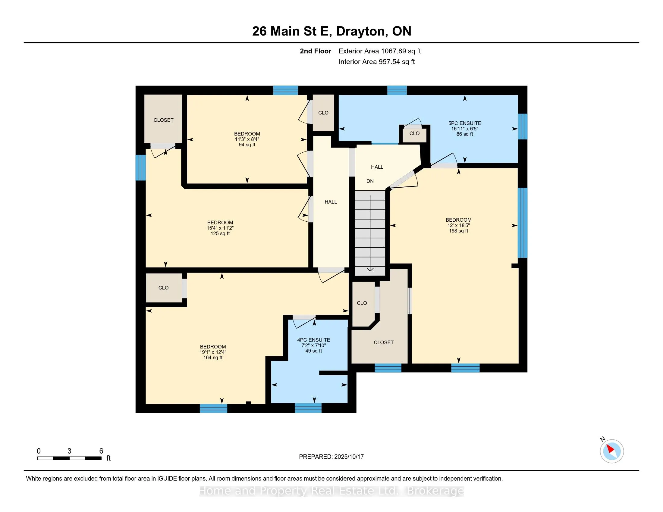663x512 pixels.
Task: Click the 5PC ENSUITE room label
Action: [464, 129]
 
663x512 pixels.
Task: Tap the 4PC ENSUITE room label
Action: [314, 345]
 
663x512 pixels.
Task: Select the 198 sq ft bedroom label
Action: [458, 225]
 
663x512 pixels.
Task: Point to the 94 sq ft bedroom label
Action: [247, 139]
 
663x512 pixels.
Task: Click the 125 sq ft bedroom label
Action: [220, 228]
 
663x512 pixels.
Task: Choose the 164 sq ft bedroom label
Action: [213, 352]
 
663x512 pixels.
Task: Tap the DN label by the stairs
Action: [370, 181]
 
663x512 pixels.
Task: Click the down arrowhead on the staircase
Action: [370, 269]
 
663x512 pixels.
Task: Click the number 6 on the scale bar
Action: [101, 451]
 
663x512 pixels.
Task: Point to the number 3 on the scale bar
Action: [70, 451]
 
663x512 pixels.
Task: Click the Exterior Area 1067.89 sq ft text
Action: [380, 51]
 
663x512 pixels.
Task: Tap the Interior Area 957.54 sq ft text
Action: [377, 62]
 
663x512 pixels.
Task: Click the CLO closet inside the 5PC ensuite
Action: [414, 133]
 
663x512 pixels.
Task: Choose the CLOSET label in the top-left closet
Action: [163, 120]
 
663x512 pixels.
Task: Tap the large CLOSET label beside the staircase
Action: [384, 342]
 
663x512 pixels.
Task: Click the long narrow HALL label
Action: [331, 202]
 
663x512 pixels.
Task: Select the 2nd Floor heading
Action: [316, 51]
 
